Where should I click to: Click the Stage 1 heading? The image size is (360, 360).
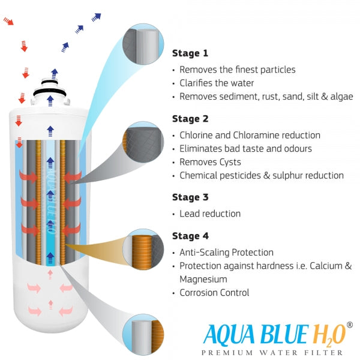click(x=191, y=53)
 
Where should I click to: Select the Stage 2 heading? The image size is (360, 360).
click(x=191, y=119)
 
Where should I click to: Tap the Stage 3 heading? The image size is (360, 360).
click(x=191, y=196)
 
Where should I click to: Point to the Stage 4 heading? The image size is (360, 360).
click(x=191, y=236)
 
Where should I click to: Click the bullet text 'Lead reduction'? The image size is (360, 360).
click(x=210, y=214)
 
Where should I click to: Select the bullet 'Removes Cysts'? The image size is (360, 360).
click(x=210, y=162)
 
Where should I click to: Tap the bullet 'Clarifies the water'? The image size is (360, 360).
click(x=217, y=83)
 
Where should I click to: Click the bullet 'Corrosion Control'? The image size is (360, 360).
click(x=214, y=293)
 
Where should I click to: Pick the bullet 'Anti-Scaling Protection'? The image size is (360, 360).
click(x=226, y=253)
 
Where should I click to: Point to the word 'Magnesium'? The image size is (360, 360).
click(x=204, y=279)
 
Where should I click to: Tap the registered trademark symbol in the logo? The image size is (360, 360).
click(x=349, y=325)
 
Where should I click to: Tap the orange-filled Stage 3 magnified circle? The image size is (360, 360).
click(x=143, y=247)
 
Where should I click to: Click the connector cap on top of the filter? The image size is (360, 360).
click(x=53, y=91)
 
